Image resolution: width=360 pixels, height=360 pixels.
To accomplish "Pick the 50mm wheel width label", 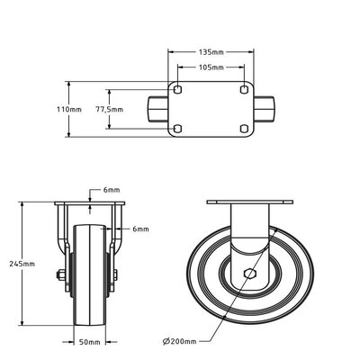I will (x=87, y=342).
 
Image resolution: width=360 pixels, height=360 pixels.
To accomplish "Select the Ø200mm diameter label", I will (x=185, y=342).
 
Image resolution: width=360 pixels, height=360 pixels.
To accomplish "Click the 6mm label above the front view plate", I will (x=111, y=191).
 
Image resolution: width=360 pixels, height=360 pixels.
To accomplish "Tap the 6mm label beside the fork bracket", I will (x=140, y=229).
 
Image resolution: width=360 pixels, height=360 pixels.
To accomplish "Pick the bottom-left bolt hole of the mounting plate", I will (x=178, y=128).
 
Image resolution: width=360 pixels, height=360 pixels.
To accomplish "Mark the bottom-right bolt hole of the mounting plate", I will (x=243, y=128).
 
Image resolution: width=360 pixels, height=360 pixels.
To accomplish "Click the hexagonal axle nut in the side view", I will (x=251, y=275).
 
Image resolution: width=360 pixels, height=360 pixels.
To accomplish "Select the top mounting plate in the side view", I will (x=251, y=202).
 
